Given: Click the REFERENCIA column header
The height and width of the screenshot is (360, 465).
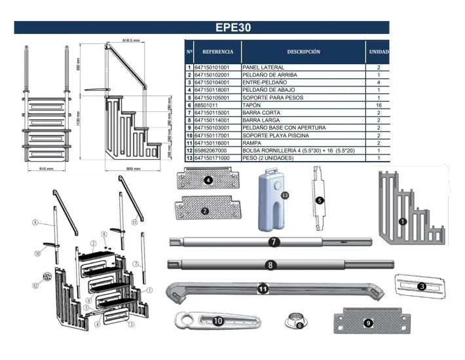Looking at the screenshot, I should coord(217,51).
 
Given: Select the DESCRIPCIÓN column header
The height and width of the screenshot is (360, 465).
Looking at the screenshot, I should coord(303,51).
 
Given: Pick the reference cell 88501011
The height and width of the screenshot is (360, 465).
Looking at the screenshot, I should coord(208,105).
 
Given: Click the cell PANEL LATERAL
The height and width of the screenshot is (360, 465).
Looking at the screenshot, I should coord(263,67).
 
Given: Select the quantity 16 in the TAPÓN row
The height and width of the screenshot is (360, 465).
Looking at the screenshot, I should coord(378,105).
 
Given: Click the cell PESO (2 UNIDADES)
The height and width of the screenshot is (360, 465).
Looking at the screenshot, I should coord(269,158).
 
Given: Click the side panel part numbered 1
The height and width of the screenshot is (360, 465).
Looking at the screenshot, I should coord(410,209).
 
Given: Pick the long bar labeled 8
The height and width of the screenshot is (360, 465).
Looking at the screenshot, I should coord(269,265).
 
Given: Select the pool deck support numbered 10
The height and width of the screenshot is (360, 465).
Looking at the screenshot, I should coord(217,321).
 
